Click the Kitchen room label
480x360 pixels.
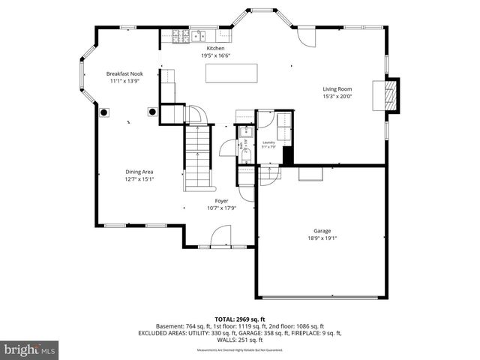pos(215,48)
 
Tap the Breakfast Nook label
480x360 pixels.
pos(124,73)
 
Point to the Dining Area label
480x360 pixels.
pos(139,172)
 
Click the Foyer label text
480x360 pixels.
pos(221,201)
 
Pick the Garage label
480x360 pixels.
pos(322,230)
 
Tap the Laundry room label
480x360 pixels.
pos(268,142)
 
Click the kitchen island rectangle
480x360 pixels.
pos(231,73)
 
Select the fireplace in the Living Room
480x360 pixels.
pos(388,94)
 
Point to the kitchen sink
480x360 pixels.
pos(201,34)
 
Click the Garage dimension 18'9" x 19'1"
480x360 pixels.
pos(322,238)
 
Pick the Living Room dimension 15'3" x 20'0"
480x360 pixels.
pos(337,96)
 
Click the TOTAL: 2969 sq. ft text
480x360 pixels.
pos(240,319)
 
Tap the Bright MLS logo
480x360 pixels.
pos(30,349)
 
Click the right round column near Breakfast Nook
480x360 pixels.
pos(152,112)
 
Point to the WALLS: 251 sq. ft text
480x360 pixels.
pos(240,340)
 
